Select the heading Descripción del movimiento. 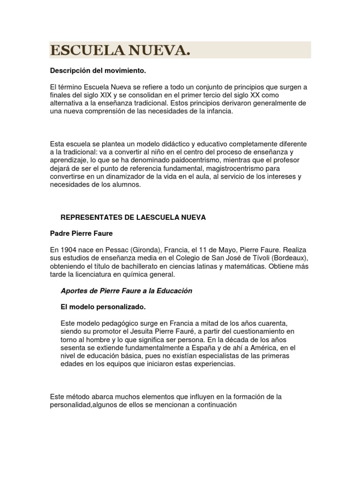coord(98,71)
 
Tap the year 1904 coord(68,250)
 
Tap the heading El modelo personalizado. coord(103,307)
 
